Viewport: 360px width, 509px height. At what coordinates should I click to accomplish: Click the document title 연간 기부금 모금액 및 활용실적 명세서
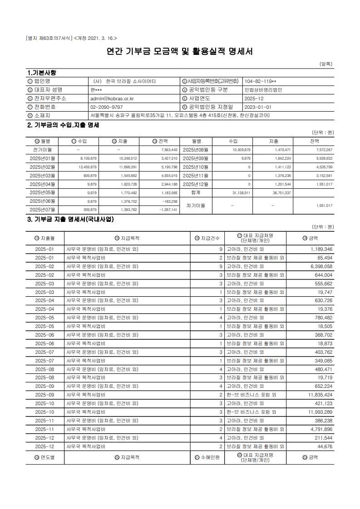pos(180,52)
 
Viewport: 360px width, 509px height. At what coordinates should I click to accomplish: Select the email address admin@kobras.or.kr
pos(109,98)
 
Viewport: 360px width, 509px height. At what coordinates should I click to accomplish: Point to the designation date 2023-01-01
pos(257,107)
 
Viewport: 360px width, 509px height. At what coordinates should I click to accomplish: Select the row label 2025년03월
pos(42,175)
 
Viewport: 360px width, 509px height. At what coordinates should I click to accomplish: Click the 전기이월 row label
pos(42,149)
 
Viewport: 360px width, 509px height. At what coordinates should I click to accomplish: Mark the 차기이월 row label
pos(196,206)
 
